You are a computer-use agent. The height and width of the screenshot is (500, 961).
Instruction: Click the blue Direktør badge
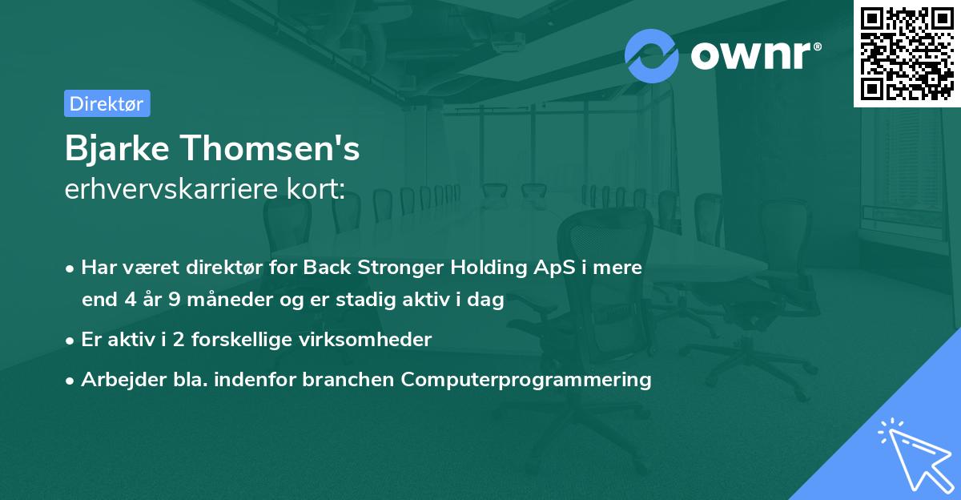107,103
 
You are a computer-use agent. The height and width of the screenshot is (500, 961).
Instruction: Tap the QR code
907,53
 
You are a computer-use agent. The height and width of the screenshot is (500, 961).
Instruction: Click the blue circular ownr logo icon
651,56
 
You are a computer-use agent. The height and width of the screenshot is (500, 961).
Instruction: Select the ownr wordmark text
750,56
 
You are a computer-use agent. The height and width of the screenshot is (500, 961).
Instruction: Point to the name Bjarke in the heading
117,148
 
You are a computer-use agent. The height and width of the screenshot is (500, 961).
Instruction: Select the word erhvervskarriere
171,188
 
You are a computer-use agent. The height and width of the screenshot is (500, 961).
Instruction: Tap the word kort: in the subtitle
316,188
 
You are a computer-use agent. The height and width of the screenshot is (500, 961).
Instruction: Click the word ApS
554,268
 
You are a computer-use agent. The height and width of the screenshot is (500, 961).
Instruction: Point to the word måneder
230,299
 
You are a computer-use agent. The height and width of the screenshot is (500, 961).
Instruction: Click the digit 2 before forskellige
179,340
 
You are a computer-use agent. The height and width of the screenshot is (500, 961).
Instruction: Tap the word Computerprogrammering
526,380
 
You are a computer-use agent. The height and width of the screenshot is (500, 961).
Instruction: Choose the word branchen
348,379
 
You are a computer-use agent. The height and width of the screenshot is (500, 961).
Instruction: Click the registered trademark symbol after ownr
817,46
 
